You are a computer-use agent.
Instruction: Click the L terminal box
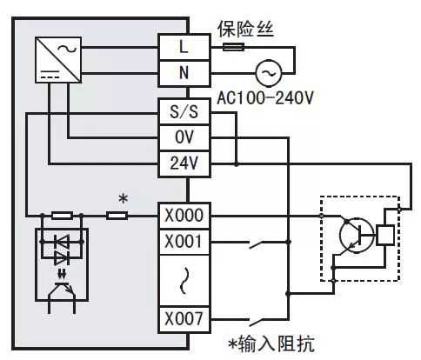[184, 47]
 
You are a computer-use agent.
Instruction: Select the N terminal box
[184, 73]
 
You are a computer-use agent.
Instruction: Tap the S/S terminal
[184, 111]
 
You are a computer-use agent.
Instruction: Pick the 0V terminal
[184, 137]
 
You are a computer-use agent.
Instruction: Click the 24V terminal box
[184, 163]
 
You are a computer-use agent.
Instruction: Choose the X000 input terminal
[184, 216]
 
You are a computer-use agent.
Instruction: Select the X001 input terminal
[184, 242]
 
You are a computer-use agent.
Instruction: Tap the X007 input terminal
[184, 319]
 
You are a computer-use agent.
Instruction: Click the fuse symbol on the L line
[233, 47]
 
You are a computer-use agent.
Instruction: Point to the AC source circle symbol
[269, 73]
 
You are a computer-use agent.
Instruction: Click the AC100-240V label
[265, 98]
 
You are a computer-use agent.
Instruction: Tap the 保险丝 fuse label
[246, 29]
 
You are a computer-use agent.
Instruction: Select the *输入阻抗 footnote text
[271, 344]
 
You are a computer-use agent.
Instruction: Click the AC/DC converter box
[58, 60]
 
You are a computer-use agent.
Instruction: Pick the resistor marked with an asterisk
[117, 216]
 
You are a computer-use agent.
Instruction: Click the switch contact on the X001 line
[259, 244]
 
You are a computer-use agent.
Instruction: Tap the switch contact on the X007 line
[259, 321]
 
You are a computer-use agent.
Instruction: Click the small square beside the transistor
[385, 236]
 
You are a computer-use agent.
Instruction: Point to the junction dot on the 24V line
[237, 164]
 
